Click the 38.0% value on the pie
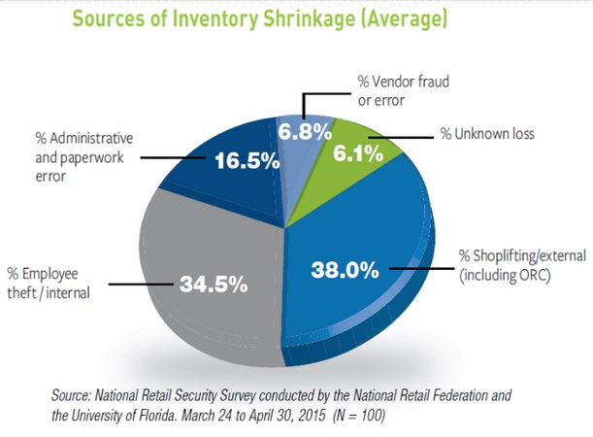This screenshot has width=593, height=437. [345, 270]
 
